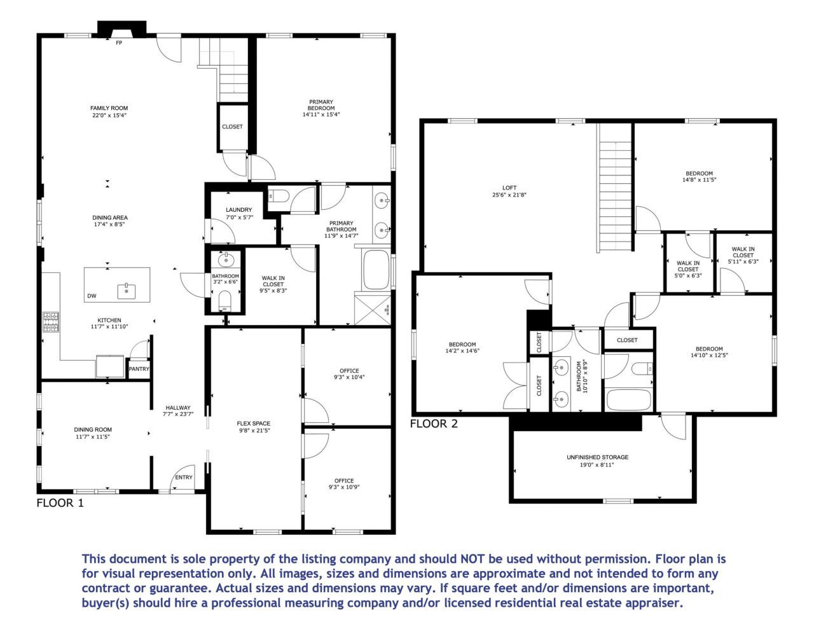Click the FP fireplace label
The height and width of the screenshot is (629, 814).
(x=119, y=43)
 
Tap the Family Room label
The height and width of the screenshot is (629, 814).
(x=109, y=108)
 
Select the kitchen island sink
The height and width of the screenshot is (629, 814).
(x=127, y=291)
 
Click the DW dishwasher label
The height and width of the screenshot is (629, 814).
(x=92, y=296)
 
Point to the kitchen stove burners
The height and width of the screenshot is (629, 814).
(x=50, y=321)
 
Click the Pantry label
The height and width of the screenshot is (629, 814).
(x=139, y=369)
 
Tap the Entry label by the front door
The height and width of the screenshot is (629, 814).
(x=183, y=477)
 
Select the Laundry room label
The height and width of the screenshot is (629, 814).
(x=238, y=210)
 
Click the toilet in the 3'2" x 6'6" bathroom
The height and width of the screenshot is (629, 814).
(x=224, y=300)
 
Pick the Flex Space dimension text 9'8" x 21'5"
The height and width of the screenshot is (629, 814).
(x=254, y=431)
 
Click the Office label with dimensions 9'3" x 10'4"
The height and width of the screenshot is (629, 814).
(x=349, y=371)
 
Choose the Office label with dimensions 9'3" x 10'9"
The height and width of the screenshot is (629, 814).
(x=344, y=481)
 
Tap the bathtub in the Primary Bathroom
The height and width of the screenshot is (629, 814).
(x=375, y=270)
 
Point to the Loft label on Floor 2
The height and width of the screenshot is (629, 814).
(x=509, y=188)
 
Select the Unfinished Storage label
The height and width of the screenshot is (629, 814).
(x=597, y=457)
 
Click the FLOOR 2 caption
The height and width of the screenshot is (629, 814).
(x=434, y=424)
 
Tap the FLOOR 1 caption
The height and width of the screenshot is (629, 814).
(x=60, y=503)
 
